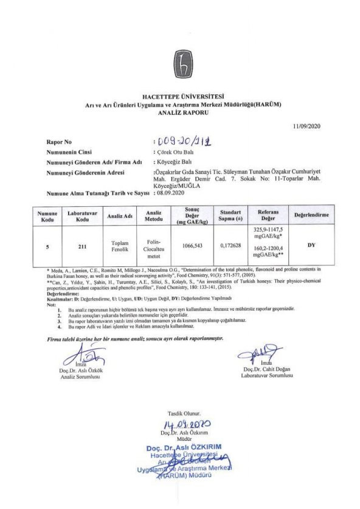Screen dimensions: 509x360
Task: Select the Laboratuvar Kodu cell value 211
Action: coord(83,247)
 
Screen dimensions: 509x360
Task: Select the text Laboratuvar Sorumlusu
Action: coord(267,376)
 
